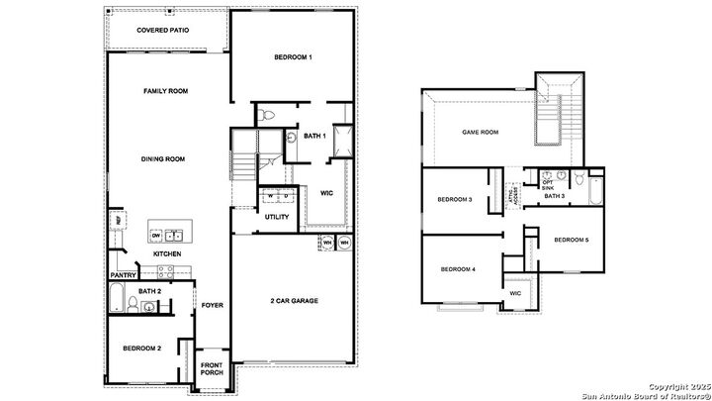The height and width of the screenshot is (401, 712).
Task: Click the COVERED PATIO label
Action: (163, 31)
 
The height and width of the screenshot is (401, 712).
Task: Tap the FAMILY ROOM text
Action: (165, 91)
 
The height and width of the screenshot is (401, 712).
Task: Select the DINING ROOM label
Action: (165, 158)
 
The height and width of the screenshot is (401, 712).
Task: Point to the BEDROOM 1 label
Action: (293, 57)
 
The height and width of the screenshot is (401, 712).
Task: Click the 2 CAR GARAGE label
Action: (293, 300)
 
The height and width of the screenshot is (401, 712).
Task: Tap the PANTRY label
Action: (123, 275)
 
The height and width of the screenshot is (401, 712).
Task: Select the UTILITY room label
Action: (277, 216)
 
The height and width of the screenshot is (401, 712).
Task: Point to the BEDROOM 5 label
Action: (571, 241)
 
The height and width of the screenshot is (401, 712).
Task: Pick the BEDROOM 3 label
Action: (455, 200)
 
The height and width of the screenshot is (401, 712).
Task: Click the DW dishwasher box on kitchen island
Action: (156, 234)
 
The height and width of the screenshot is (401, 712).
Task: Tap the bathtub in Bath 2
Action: (118, 296)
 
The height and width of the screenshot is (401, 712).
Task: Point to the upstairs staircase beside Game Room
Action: (560, 115)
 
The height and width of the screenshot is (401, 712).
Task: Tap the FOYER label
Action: (212, 305)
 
